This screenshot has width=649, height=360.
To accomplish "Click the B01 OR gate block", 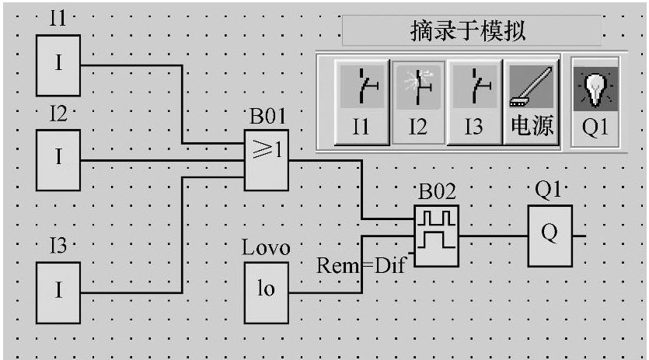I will tap(267, 159).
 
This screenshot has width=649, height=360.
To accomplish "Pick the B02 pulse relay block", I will tap(435, 236).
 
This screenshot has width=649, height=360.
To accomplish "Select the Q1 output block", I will tap(550, 236).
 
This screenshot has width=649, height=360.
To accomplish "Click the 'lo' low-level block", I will tap(267, 292).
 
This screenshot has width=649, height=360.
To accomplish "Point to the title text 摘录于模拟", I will tap(469, 31).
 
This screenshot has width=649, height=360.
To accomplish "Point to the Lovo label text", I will tap(266, 249).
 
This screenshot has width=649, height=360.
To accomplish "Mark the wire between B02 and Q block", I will tap(494, 234).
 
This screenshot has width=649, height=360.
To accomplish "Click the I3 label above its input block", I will tap(58, 247).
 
